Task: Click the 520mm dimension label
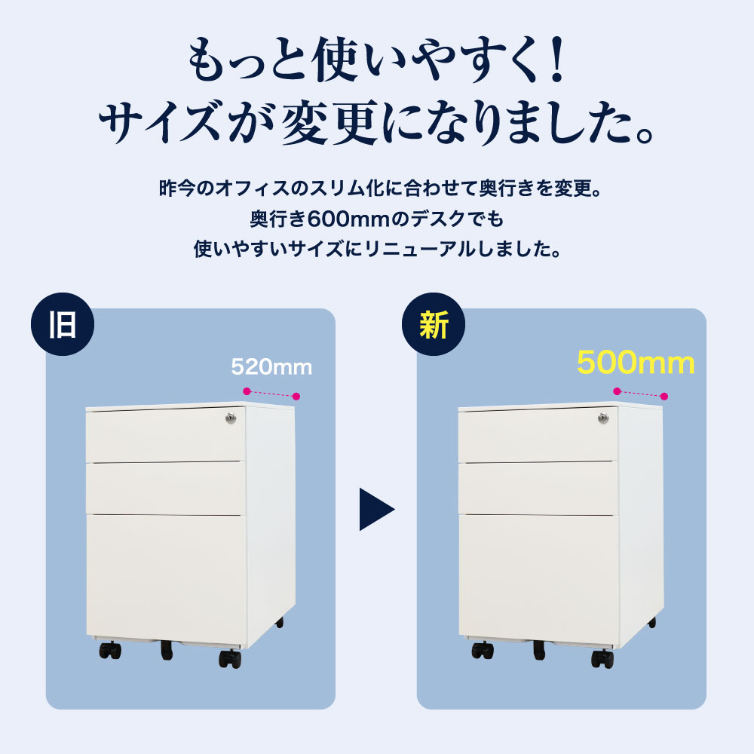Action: point(271,367)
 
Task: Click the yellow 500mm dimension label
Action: point(635,363)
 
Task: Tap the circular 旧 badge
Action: point(63,326)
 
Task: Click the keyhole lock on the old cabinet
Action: point(231,417)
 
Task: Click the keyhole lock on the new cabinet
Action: point(602,417)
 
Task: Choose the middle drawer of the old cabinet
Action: point(166,487)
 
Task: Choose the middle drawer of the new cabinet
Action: point(537,487)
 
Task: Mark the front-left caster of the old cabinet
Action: point(110,651)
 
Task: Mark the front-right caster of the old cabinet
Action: point(230,658)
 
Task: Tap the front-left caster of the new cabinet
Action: point(481,649)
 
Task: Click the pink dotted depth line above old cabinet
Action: point(271,393)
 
